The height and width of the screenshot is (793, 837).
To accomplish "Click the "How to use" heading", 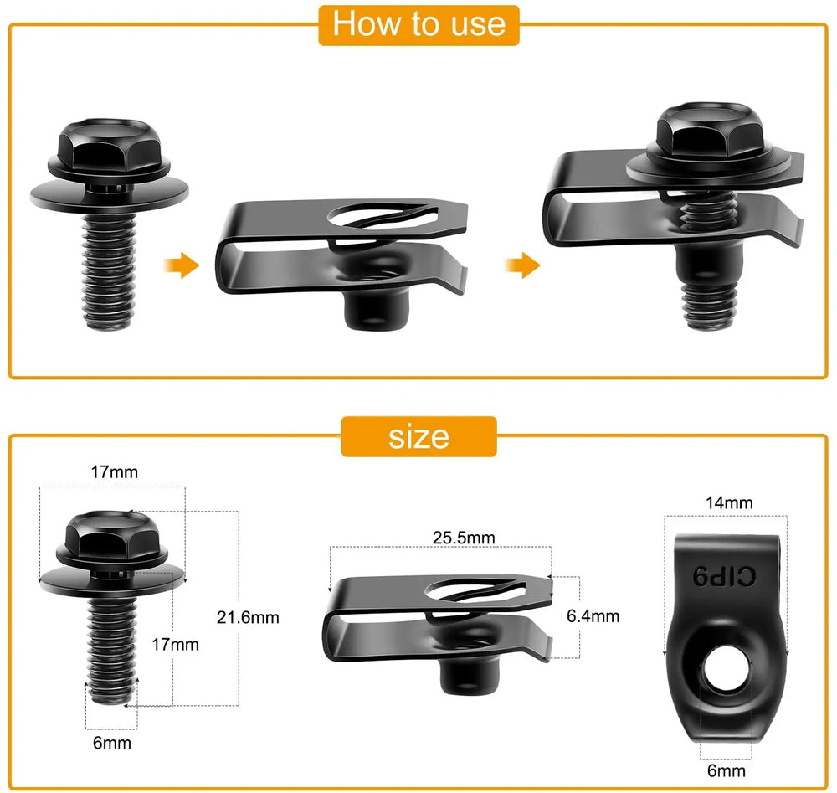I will tap(418, 24).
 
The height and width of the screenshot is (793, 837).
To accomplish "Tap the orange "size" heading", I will tap(418, 436).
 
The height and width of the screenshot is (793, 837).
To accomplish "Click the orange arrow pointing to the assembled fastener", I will tap(521, 267).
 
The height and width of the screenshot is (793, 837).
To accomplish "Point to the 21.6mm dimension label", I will tap(248, 617).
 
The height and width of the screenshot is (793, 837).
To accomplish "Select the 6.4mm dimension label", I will tap(593, 616).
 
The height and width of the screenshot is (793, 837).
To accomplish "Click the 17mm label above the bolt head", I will tap(114, 471).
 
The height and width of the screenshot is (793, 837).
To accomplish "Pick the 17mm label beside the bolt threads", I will tap(175, 644).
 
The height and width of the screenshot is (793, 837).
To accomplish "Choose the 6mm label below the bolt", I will tap(113, 742).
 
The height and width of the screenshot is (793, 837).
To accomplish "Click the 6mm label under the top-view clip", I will tap(725, 770).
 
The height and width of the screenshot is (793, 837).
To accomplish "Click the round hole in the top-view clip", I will tap(724, 674).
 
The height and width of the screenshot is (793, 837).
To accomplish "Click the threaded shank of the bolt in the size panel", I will tap(112, 645).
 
